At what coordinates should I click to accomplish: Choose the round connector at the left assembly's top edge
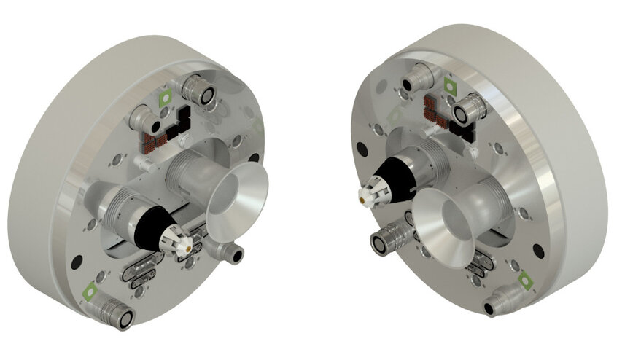(198, 90)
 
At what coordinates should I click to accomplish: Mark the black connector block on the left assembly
(179, 120)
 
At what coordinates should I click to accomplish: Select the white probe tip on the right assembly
(369, 195)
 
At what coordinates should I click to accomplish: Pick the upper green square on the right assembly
(451, 87)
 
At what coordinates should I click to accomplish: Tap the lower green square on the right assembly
(524, 278)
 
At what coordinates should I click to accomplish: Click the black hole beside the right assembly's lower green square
(538, 251)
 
